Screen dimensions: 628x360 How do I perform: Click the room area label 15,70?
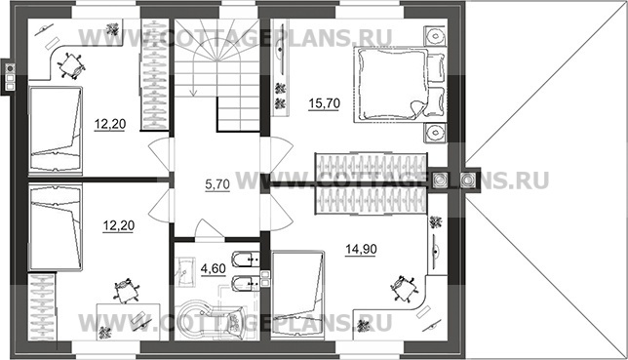324,103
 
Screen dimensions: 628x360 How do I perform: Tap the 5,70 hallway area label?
217,184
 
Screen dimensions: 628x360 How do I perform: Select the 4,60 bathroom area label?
213,268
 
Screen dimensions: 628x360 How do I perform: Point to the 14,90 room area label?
361,250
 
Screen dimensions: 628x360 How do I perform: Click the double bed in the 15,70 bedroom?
399,84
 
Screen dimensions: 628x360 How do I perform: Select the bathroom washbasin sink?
184,272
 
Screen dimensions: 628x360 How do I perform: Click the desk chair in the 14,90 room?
405,287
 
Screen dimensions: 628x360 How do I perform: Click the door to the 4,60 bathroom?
209,231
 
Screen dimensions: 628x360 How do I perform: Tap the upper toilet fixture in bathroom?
246,260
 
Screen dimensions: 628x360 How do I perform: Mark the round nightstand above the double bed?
435,35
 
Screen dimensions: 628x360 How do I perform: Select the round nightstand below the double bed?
435,133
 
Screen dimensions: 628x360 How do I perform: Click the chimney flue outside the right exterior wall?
467,180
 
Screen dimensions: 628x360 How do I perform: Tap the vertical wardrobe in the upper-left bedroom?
154,75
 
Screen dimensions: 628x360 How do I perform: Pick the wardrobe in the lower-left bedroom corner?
42,306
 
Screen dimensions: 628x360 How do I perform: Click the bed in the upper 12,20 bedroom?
56,131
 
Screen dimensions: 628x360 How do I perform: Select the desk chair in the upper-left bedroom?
71,65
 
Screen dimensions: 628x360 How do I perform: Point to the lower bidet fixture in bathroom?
246,284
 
